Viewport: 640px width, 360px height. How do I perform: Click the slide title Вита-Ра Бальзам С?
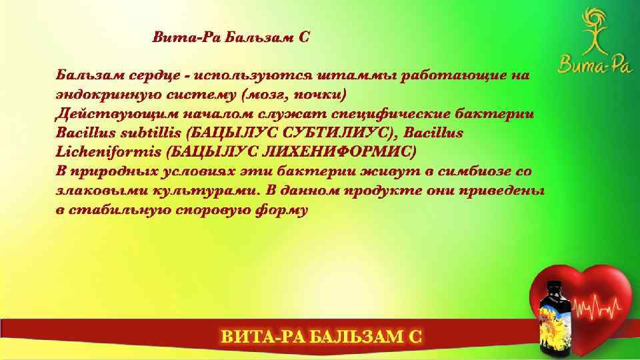(x=231, y=37)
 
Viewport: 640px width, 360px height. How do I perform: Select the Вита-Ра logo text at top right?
(x=585, y=65)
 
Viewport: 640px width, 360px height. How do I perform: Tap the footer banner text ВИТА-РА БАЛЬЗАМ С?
(x=321, y=337)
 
